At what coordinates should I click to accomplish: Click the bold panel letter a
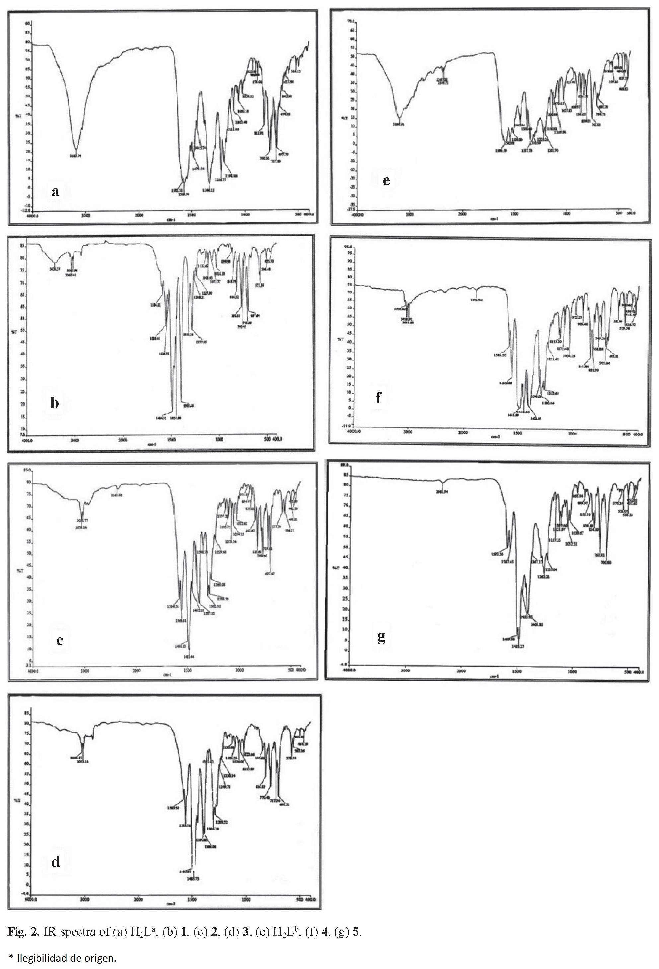click(x=55, y=192)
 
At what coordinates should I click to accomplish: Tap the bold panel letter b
click(x=55, y=403)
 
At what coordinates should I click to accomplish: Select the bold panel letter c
click(x=60, y=640)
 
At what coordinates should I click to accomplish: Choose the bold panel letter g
click(x=381, y=637)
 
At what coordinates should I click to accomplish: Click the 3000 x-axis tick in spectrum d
click(x=85, y=900)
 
